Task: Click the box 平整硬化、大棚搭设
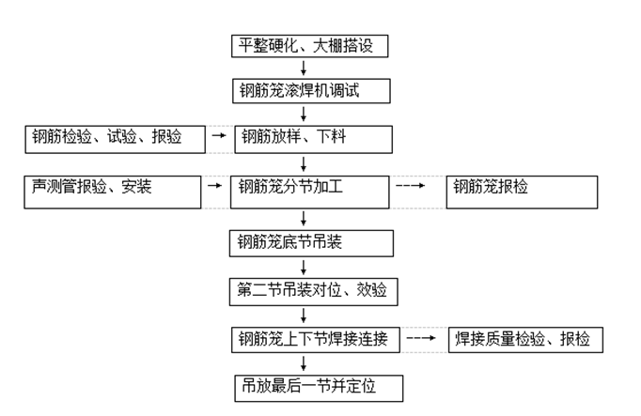(308, 45)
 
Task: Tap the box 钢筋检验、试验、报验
(115, 138)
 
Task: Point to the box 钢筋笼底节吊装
(309, 243)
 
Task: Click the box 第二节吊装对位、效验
(313, 291)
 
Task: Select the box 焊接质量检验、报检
(524, 339)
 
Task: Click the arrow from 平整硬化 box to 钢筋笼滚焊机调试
(304, 68)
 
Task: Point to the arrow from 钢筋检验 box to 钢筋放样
(218, 137)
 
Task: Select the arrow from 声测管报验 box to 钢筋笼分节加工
(218, 188)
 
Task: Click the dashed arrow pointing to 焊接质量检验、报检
(421, 338)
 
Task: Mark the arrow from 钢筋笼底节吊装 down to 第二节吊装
(304, 267)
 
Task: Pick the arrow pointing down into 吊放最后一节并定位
(304, 362)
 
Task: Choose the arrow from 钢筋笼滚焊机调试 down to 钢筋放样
(304, 114)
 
